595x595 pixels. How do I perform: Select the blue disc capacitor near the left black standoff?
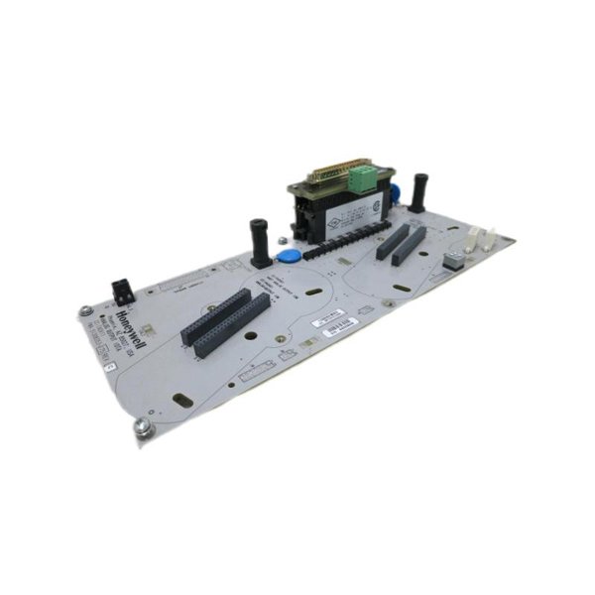(289, 255)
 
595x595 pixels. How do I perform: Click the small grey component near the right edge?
(453, 261)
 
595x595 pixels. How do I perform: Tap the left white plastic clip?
(472, 238)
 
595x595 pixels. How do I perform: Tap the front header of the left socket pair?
(234, 326)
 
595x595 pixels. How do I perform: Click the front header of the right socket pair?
(408, 247)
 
